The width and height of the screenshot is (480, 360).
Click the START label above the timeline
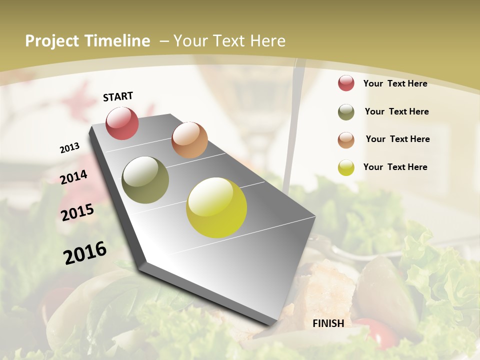(118, 96)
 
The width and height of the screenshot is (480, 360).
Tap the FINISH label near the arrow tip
(328, 323)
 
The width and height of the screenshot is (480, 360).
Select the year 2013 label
(69, 148)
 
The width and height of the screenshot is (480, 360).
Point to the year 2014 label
(74, 177)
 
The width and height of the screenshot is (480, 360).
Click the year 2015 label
(77, 212)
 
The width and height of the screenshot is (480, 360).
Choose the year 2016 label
(85, 253)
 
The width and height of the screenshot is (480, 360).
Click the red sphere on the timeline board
(122, 123)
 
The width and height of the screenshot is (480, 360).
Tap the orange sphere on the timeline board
(189, 139)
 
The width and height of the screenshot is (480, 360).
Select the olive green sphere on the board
(145, 179)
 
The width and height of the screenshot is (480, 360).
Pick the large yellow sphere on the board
(216, 207)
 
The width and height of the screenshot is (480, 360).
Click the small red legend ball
(346, 83)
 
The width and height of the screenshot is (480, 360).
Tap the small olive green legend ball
(346, 112)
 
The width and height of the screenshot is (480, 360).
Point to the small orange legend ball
(346, 140)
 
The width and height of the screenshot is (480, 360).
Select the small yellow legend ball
(346, 167)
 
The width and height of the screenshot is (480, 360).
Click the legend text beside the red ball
(395, 83)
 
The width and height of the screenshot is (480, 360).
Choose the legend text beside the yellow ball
(395, 167)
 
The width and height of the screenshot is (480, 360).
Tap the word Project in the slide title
(51, 41)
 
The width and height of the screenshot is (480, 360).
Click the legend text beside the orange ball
(397, 139)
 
